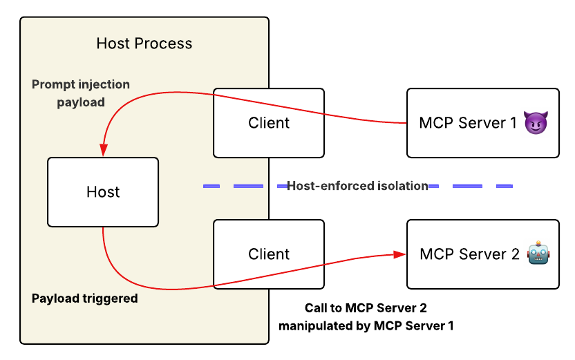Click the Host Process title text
pyautogui.click(x=144, y=44)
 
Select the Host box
pyautogui.click(x=103, y=192)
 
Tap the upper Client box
pyautogui.click(x=268, y=123)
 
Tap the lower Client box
pyautogui.click(x=268, y=254)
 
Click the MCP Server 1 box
pyautogui.click(x=482, y=123)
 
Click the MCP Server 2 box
pyautogui.click(x=482, y=254)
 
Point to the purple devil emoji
pyautogui.click(x=534, y=123)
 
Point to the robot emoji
pyautogui.click(x=538, y=254)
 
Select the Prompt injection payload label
pyautogui.click(x=81, y=93)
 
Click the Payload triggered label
pyautogui.click(x=85, y=299)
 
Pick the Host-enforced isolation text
pyautogui.click(x=357, y=186)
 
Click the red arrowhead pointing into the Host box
pyautogui.click(x=103, y=150)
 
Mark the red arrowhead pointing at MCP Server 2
pyautogui.click(x=399, y=254)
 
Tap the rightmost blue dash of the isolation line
pyautogui.click(x=504, y=186)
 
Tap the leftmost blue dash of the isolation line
pyautogui.click(x=211, y=186)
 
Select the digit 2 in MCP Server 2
pyautogui.click(x=514, y=254)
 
